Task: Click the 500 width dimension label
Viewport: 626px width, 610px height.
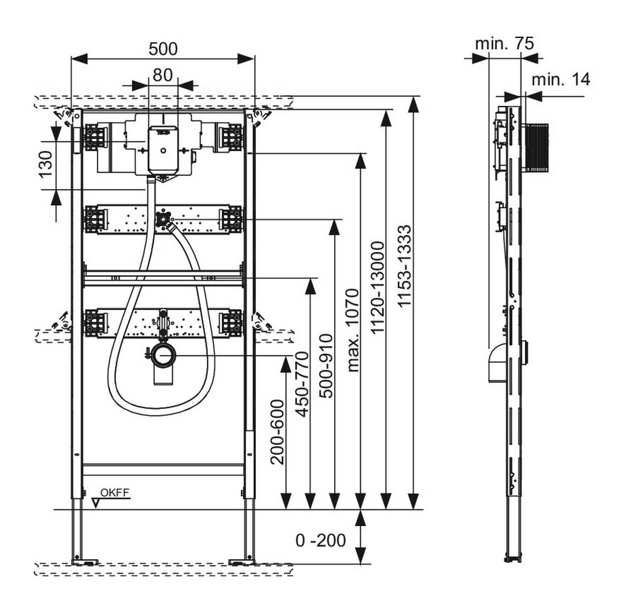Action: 163,49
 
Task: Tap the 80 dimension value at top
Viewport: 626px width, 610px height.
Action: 163,75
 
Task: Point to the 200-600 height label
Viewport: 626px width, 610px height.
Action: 278,432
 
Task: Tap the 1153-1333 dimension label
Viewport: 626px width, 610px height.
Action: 404,266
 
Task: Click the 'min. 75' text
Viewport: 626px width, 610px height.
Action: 504,44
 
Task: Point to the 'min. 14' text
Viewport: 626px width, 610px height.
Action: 560,79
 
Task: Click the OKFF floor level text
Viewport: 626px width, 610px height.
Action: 114,492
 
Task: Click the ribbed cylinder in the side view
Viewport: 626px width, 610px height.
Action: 536,147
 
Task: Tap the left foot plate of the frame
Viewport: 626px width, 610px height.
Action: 86,562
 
